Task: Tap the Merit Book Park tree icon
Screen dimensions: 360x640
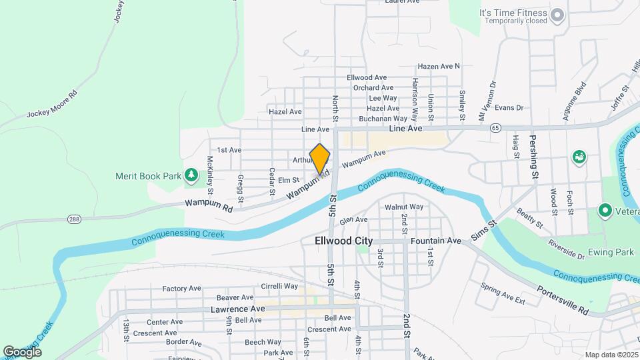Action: click(191, 175)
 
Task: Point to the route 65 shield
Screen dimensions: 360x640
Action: click(494, 127)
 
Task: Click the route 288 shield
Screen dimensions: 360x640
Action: click(74, 219)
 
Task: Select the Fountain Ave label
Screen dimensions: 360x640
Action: click(437, 241)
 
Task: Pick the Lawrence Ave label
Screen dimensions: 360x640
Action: click(238, 309)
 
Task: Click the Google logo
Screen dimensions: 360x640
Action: click(22, 351)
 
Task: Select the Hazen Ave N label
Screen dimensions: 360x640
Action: click(439, 66)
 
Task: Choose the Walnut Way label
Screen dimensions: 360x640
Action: click(404, 207)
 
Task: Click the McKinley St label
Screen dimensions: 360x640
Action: click(209, 171)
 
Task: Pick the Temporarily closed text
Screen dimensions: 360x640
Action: click(515, 21)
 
